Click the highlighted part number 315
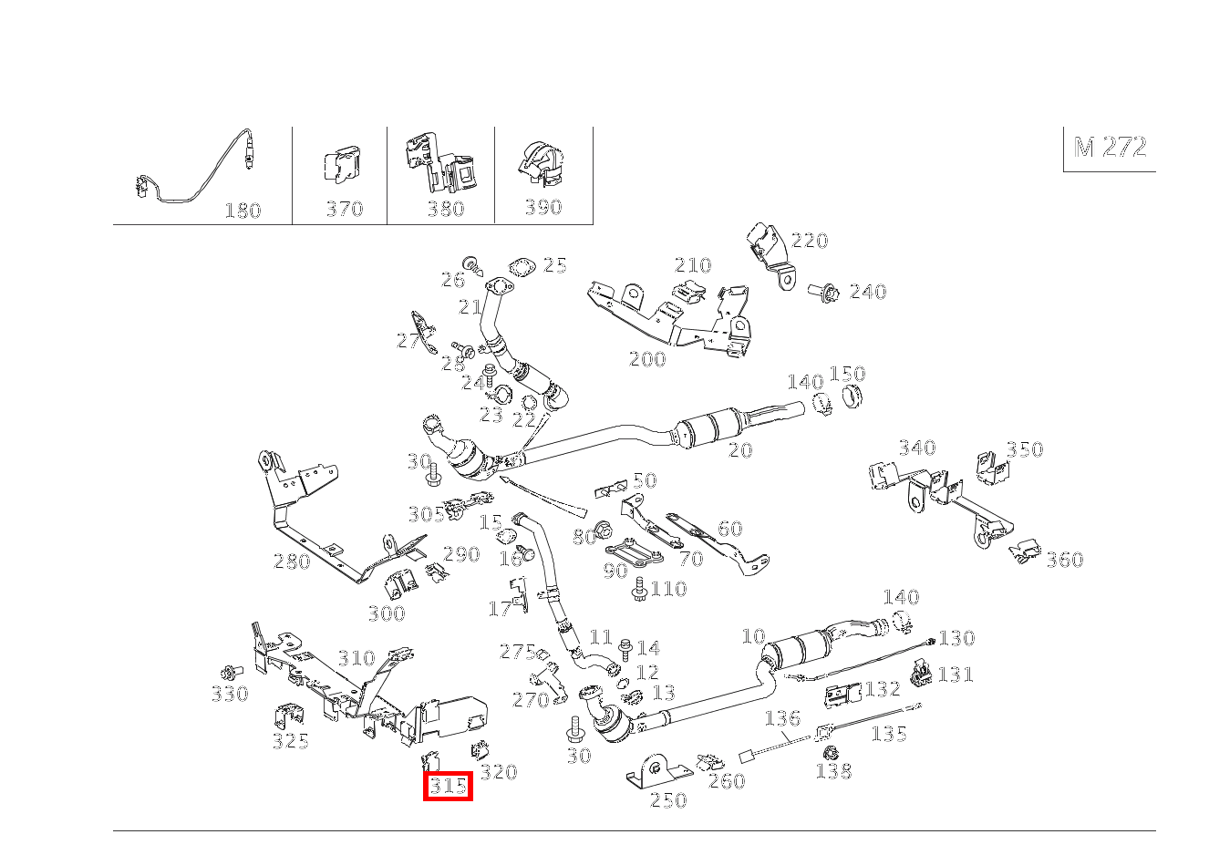pos(448,786)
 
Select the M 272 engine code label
pos(1110,148)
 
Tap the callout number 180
pos(243,211)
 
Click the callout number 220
pos(810,241)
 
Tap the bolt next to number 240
pos(824,292)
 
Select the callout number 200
pos(647,359)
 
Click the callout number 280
pos(292,561)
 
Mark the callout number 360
pos(1064,560)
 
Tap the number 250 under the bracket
pos(667,800)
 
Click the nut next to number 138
pos(831,754)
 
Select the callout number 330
pos(230,695)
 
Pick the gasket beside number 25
pos(522,268)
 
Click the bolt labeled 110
pos(639,587)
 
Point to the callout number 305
pos(426,514)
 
